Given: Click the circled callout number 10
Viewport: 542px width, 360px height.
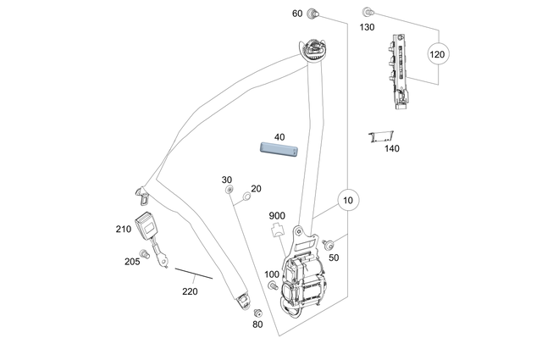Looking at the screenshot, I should pyautogui.click(x=347, y=201).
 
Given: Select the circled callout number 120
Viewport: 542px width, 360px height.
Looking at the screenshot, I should pyautogui.click(x=437, y=55).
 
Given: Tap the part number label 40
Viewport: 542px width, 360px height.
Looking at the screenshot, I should pyautogui.click(x=279, y=136).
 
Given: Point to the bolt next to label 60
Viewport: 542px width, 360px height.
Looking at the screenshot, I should pyautogui.click(x=312, y=14).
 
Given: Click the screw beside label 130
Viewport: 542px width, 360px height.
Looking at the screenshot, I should pyautogui.click(x=368, y=13).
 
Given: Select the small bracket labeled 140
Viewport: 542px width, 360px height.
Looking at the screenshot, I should pyautogui.click(x=385, y=136).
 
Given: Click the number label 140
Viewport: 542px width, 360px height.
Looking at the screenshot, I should pyautogui.click(x=391, y=149).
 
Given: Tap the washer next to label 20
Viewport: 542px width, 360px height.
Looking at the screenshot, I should pyautogui.click(x=246, y=197).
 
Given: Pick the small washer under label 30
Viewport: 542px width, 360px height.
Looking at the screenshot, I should pyautogui.click(x=229, y=191).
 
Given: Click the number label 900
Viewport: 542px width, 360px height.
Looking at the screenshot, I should pyautogui.click(x=277, y=215).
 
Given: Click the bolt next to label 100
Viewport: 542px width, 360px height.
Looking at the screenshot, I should pyautogui.click(x=273, y=286).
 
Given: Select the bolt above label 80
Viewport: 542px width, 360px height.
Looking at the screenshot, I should pyautogui.click(x=257, y=313).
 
